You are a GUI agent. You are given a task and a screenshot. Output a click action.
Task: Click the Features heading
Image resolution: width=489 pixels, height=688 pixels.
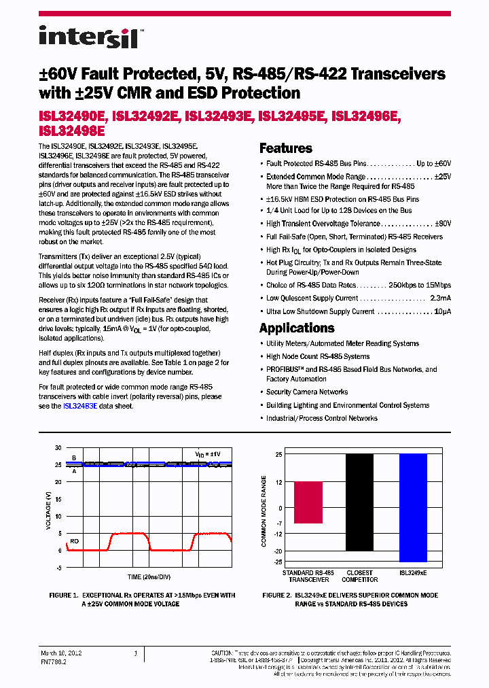click(x=286, y=148)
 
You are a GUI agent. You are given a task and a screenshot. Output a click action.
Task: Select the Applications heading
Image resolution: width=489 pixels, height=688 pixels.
click(x=297, y=328)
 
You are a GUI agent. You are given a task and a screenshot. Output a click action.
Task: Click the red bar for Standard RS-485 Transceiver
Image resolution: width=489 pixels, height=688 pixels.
click(x=308, y=502)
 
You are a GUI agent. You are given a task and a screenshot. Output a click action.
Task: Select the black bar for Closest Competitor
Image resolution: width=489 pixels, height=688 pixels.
click(x=359, y=502)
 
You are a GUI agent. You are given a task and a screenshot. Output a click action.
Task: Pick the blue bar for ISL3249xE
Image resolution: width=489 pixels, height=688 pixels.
click(x=413, y=507)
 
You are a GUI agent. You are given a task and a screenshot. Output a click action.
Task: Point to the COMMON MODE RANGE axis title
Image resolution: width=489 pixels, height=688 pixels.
click(x=264, y=511)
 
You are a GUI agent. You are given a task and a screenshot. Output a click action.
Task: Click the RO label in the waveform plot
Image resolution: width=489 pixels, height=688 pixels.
click(x=74, y=541)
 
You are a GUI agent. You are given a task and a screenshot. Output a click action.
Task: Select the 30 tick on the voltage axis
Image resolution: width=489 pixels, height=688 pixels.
click(x=58, y=448)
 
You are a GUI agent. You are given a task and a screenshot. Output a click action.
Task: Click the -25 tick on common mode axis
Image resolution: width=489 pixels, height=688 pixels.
click(x=277, y=562)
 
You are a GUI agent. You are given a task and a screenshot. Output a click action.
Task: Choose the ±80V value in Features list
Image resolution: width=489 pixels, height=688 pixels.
click(x=441, y=224)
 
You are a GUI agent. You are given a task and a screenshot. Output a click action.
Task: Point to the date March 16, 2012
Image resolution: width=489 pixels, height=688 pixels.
click(x=60, y=653)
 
